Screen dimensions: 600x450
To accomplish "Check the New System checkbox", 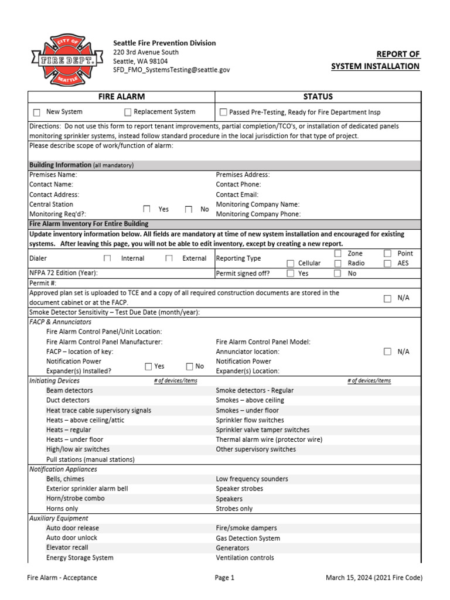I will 37,112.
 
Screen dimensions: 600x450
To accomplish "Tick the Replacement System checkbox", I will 128,112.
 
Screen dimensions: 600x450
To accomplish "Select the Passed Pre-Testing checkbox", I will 223,112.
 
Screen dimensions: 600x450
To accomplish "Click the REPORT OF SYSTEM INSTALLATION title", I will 375,60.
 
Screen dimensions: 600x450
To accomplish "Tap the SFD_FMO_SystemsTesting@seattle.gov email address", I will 171,69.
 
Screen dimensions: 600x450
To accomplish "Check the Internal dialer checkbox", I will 107,258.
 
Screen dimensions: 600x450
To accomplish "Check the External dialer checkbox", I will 169,258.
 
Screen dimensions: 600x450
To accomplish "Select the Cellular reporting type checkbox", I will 291,264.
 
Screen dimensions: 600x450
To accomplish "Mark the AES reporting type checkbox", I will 387,264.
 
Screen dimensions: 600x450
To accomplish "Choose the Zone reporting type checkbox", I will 337,253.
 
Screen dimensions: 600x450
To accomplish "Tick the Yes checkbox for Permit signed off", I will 291,273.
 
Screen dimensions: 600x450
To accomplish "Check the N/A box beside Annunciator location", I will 387,352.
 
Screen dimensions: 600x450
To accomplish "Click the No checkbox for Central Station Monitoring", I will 189,209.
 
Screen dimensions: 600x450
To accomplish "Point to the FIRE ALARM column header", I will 121,97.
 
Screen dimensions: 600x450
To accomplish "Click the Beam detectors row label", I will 69,390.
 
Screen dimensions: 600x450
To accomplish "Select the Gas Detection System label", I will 248,538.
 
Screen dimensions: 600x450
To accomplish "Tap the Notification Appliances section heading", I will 63,469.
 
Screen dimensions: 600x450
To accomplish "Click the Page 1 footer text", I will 224,578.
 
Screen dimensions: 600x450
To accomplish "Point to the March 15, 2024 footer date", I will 374,578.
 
